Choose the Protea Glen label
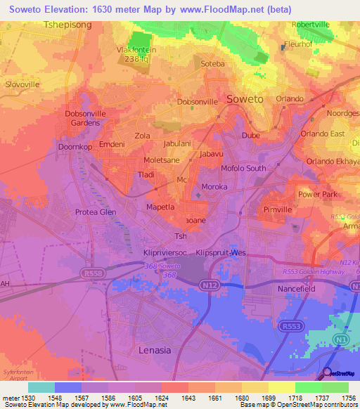click(x=95, y=212)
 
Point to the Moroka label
click(x=214, y=187)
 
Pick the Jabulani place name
click(x=176, y=143)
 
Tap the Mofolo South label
click(x=243, y=168)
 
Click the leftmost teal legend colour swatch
click(x=41, y=387)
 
